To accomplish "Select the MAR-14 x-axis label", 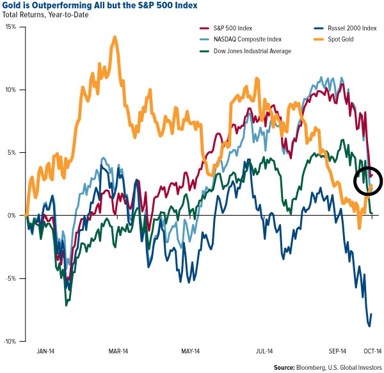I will pyautogui.click(x=118, y=351).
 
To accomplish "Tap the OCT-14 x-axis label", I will pyautogui.click(x=373, y=351).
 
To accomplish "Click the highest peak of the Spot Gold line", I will pyautogui.click(x=115, y=37).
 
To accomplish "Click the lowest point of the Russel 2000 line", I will pyautogui.click(x=369, y=326).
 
